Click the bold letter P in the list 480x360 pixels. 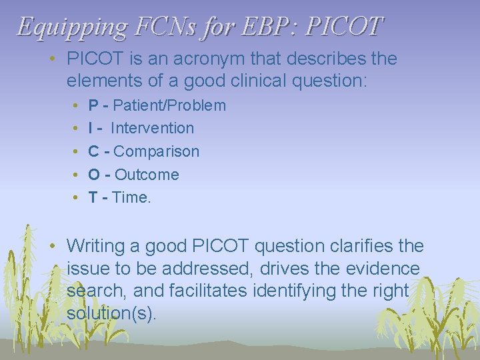pos(94,105)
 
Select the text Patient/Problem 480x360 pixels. pos(170,105)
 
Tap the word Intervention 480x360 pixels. pos(153,128)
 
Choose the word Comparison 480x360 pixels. pos(157,151)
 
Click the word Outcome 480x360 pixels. pos(147,175)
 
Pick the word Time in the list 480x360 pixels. pos(130,197)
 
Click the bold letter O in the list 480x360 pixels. pos(95,175)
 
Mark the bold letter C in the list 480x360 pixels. pos(95,151)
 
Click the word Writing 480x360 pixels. pos(97,246)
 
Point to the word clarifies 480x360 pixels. pos(361,246)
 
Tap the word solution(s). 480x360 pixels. pos(111,313)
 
